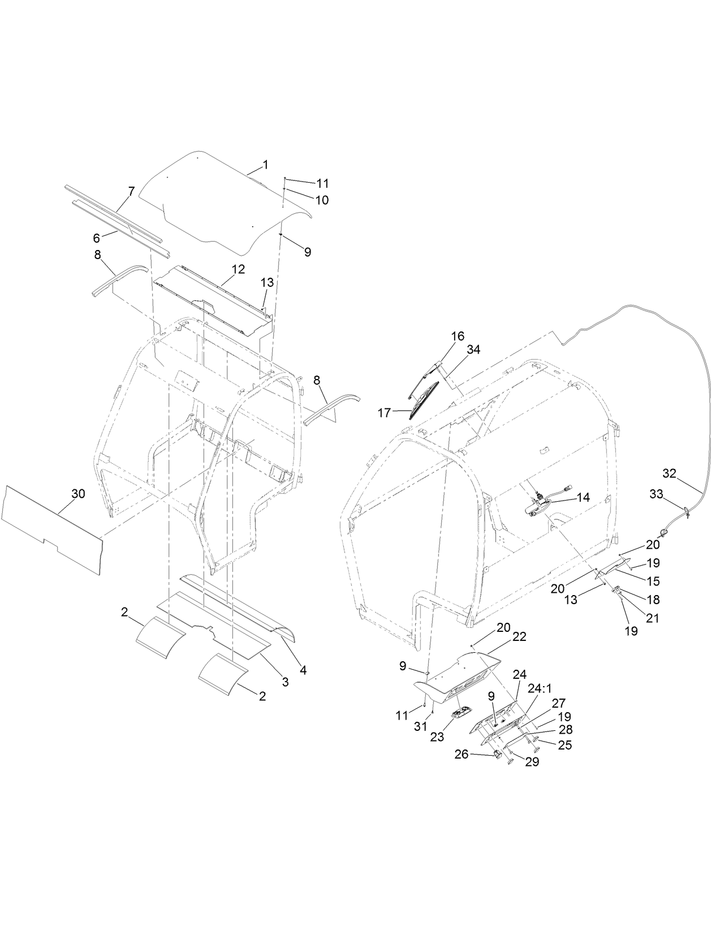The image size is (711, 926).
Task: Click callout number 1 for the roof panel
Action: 265,165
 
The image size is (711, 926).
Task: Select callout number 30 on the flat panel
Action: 78,494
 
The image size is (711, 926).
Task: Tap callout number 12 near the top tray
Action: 238,269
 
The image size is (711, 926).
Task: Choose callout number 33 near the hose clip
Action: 656,494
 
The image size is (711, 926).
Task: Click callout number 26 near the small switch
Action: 462,754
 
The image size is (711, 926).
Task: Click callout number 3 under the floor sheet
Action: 285,682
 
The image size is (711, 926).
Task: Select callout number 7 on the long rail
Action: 131,191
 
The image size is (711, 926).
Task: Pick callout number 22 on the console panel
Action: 519,636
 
